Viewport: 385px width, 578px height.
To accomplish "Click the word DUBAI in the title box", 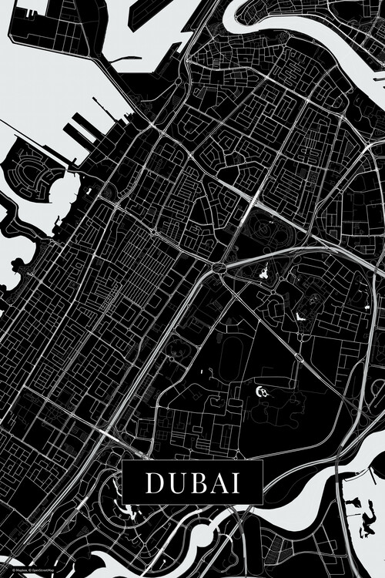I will (x=192, y=482).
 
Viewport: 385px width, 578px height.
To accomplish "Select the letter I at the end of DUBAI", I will (x=235, y=482).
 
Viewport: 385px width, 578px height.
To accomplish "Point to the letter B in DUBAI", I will (x=193, y=482).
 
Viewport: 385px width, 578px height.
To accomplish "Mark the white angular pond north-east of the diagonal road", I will (x=301, y=316).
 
